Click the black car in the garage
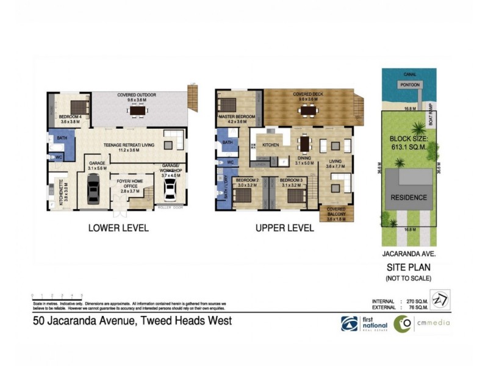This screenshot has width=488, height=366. click(x=93, y=189)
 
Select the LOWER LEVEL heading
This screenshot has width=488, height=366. click(x=118, y=228)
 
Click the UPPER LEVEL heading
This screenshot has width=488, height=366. click(x=284, y=228)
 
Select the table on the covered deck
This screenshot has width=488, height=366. click(x=306, y=110)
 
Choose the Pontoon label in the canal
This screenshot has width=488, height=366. click(x=410, y=85)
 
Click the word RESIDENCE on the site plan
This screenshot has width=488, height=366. click(x=409, y=198)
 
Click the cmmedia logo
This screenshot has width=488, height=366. click(x=421, y=323)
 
